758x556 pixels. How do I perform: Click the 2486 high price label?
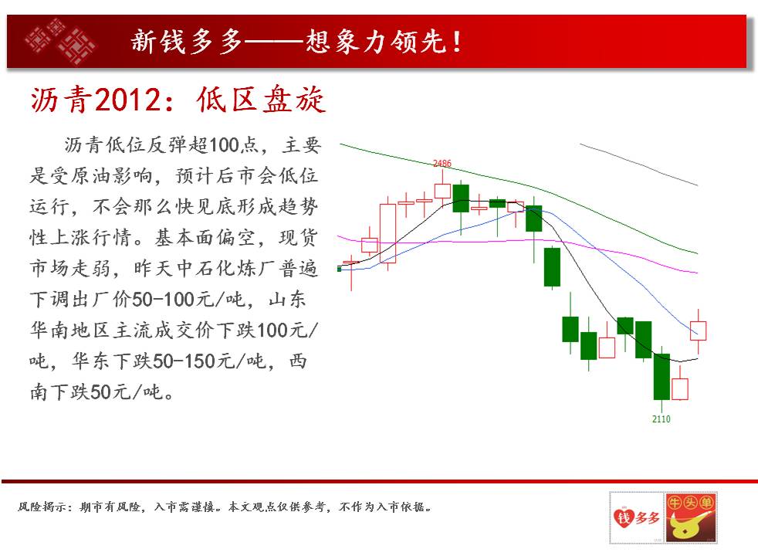(x=442, y=164)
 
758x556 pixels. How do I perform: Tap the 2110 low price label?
(x=661, y=419)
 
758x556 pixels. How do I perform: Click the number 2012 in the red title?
(x=127, y=100)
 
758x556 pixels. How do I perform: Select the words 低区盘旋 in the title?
(x=261, y=100)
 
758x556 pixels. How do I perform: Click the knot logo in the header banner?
(x=60, y=41)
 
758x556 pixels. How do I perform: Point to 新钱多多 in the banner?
(x=186, y=41)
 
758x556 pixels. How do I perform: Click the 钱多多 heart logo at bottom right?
(x=637, y=518)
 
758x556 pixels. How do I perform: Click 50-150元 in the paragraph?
(x=184, y=361)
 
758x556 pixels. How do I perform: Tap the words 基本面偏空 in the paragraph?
(x=204, y=237)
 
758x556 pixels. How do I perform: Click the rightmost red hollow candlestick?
(x=698, y=331)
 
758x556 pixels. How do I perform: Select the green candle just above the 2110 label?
(x=662, y=377)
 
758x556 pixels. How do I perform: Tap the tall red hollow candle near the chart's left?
(x=387, y=233)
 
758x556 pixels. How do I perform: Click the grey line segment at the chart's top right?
(x=638, y=164)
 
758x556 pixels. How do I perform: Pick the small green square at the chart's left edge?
(x=340, y=269)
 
